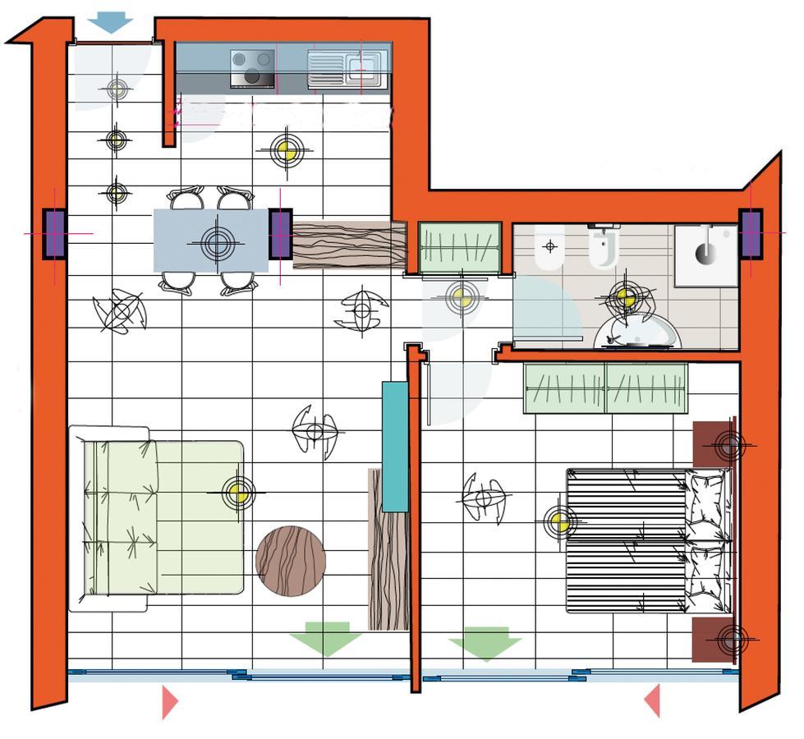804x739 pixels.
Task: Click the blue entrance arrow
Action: click(110, 22)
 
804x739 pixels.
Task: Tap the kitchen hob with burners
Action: click(252, 68)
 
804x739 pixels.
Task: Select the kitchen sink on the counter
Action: click(346, 68)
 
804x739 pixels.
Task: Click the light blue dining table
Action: click(211, 241)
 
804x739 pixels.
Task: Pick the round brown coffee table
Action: click(291, 561)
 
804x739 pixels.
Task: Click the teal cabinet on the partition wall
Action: click(395, 447)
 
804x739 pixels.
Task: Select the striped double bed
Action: click(646, 541)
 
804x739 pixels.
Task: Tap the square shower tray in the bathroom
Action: click(705, 255)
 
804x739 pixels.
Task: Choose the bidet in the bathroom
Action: click(549, 247)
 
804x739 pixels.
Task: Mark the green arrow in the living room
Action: click(325, 638)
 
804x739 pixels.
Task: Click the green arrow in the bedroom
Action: click(485, 643)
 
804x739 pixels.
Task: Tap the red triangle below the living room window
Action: click(170, 702)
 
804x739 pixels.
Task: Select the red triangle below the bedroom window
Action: click(652, 701)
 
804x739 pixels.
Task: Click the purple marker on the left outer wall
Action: click(54, 234)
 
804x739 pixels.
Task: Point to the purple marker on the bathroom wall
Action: click(751, 234)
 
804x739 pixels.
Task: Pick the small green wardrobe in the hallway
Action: click(460, 246)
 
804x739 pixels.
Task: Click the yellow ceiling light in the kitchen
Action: click(287, 150)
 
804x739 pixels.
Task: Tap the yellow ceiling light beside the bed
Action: click(560, 521)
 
